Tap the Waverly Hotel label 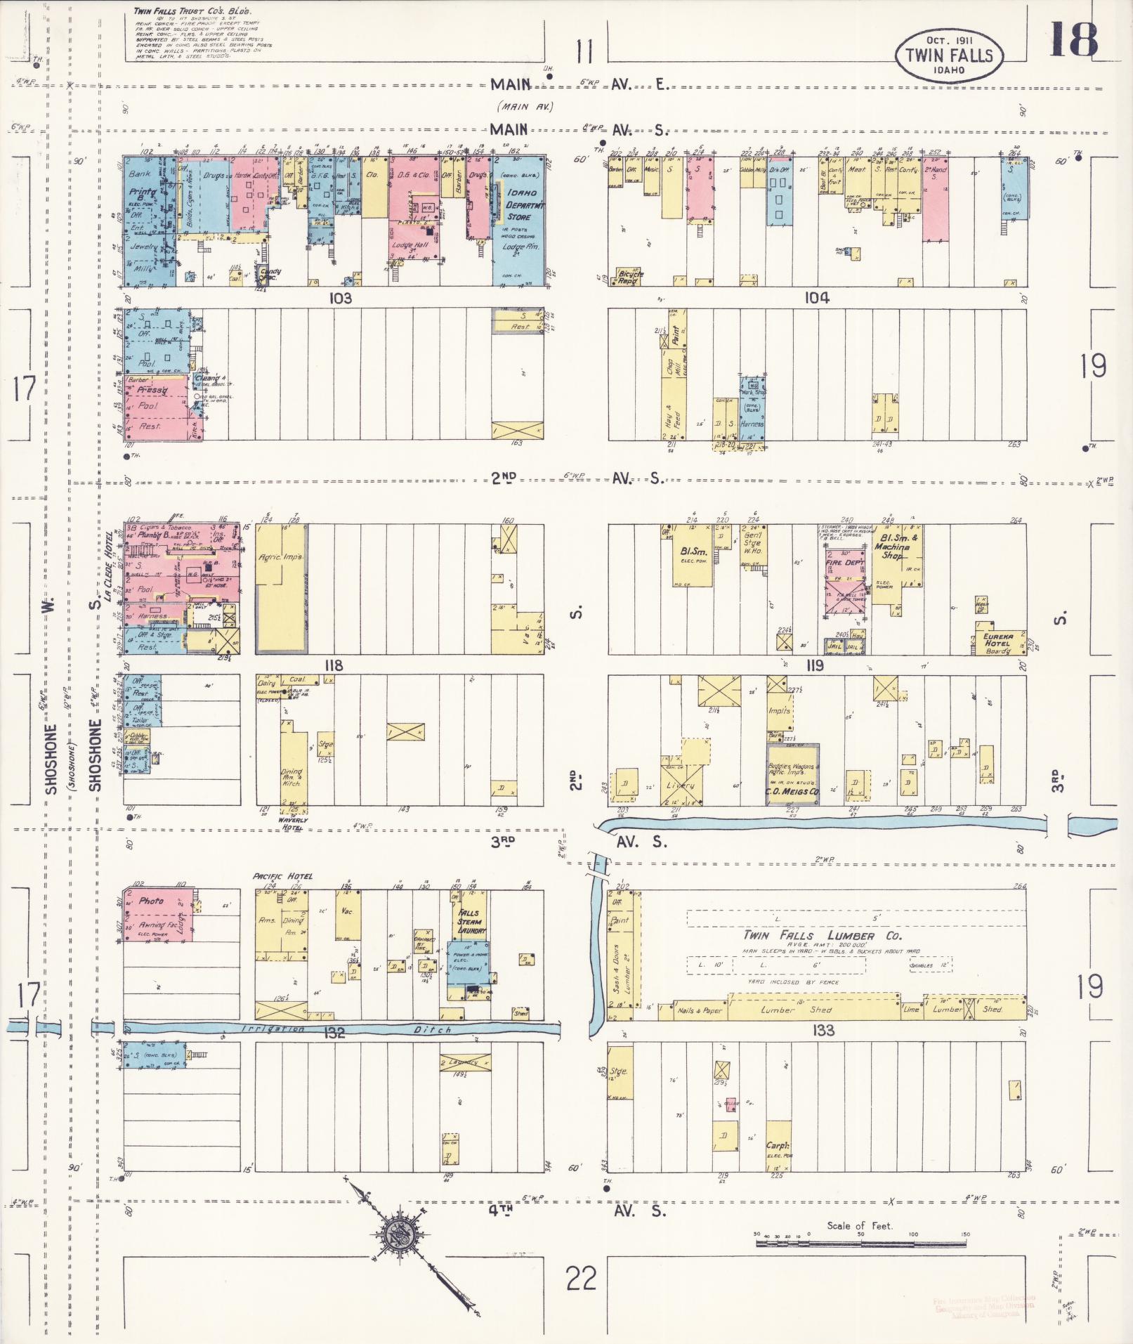[292, 824]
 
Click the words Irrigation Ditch [345, 1029]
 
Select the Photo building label [151, 900]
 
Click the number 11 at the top [584, 51]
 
